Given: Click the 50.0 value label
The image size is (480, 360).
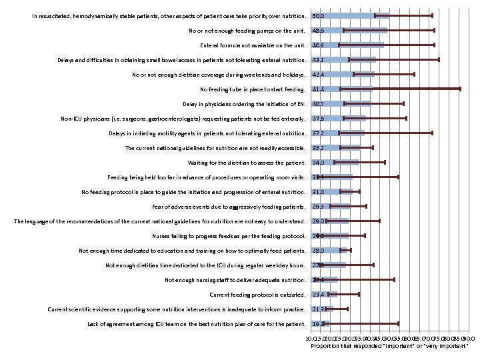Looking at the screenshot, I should tap(318, 15).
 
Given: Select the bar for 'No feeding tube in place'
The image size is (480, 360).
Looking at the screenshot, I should tap(341, 89).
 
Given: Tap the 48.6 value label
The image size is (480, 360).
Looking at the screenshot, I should tap(318, 30).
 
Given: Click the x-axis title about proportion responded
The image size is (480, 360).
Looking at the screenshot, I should tap(389, 345).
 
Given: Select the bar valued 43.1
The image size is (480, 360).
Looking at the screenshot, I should tap(343, 59).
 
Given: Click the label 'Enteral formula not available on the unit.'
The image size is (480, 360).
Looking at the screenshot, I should tap(253, 45).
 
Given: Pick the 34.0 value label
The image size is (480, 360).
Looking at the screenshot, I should tap(318, 162).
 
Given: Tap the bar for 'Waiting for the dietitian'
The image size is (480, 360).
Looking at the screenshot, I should tap(335, 162).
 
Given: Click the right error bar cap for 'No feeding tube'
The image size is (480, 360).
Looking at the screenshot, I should tap(459, 89).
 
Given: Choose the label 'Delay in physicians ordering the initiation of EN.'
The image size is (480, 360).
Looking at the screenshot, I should tap(244, 103).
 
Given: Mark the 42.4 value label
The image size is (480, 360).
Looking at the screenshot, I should tap(318, 74).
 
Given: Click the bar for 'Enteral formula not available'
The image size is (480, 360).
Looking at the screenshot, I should tap(347, 45).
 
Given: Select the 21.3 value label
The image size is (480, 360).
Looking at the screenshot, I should tap(318, 309).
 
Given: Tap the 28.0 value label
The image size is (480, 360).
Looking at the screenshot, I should tap(318, 250).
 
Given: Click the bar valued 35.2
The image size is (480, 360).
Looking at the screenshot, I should tap(336, 147).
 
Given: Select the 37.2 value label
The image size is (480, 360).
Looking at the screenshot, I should tap(318, 133).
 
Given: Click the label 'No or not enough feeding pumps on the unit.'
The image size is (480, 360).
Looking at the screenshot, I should tap(247, 30).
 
